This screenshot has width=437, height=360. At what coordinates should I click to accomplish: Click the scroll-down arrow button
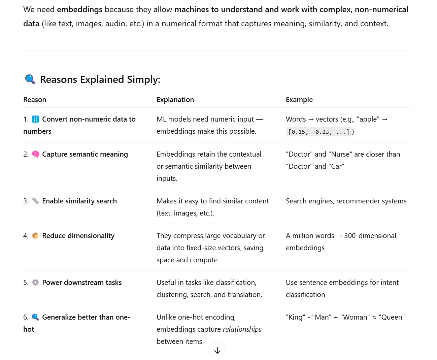pos(217,351)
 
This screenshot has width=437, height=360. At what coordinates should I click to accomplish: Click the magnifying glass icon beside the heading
pos(30,79)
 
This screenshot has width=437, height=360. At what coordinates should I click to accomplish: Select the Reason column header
pos(35,100)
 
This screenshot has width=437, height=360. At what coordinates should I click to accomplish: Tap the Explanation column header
pos(175,100)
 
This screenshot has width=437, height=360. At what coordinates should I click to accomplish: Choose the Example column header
pos(299,100)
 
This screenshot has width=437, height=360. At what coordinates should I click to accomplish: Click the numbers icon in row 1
pos(35,119)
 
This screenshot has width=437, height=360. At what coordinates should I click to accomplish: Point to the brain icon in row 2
pos(35,154)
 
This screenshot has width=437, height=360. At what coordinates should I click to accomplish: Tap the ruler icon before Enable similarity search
pos(35,201)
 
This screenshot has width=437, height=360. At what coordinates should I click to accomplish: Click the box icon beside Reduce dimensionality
pos(35,236)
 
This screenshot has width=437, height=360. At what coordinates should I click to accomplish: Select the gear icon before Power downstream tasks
pos(35,283)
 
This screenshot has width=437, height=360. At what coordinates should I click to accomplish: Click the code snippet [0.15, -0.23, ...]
pos(318,132)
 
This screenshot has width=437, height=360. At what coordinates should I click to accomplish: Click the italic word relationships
pos(242,329)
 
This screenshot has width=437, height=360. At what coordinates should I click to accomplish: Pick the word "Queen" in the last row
pos(392,317)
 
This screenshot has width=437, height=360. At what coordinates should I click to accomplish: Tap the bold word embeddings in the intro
pos(79,9)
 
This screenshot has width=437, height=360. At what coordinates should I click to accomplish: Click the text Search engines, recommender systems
pos(346,201)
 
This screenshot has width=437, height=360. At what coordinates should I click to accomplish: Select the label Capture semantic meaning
pos(85,154)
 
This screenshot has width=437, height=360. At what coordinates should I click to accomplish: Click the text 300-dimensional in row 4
pos(370,236)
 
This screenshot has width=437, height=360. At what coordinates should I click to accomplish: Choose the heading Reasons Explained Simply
pos(100,79)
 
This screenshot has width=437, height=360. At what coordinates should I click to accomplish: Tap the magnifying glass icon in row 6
pos(35,317)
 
